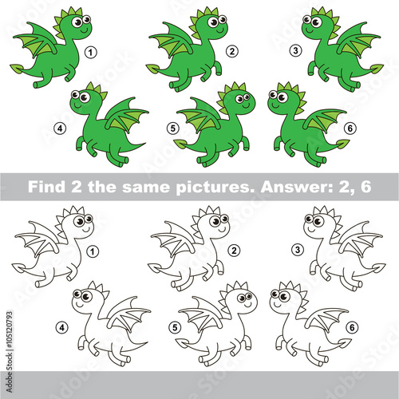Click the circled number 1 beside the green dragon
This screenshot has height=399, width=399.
click(x=91, y=52)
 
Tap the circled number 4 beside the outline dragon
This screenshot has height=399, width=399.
click(x=62, y=327)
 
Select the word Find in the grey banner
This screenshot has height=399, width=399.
click(x=46, y=187)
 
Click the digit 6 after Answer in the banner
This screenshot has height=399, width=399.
click(x=365, y=187)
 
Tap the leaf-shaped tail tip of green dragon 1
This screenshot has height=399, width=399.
click(x=18, y=69)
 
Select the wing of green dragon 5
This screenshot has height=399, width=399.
click(x=199, y=115)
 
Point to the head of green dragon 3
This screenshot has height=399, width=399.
click(x=316, y=26)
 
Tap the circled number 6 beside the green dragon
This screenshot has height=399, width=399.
click(x=350, y=128)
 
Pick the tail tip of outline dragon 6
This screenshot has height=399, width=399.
click(x=345, y=342)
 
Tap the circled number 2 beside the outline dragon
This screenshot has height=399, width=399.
click(x=234, y=251)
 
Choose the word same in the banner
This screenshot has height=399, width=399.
click(x=146, y=188)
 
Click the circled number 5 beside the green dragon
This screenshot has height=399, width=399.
click(x=173, y=128)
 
